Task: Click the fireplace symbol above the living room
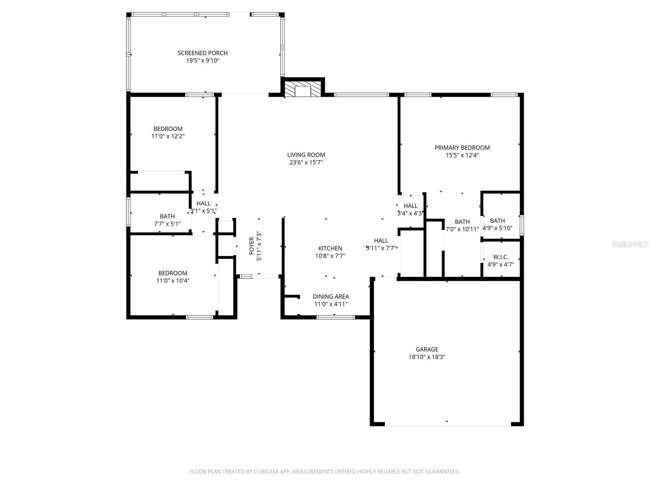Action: pyautogui.click(x=303, y=90)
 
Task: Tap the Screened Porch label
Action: pyautogui.click(x=202, y=53)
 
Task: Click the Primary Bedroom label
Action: pyautogui.click(x=462, y=148)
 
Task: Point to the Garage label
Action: pyautogui.click(x=427, y=349)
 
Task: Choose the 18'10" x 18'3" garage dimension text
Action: pyautogui.click(x=427, y=357)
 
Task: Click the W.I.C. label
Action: pyautogui.click(x=500, y=257)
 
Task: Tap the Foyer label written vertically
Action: pyautogui.click(x=251, y=246)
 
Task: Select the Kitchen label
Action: pyautogui.click(x=330, y=248)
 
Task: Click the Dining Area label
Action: pyautogui.click(x=331, y=296)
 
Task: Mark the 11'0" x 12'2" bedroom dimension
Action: pyautogui.click(x=168, y=137)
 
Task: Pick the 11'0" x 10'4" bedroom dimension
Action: pyautogui.click(x=173, y=281)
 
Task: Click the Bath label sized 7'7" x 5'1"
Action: pyautogui.click(x=167, y=216)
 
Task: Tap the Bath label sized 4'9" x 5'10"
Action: pyautogui.click(x=497, y=221)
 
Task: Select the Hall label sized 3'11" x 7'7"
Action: pyautogui.click(x=381, y=240)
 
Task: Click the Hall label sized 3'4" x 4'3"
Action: pyautogui.click(x=410, y=206)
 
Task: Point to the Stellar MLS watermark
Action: pyautogui.click(x=629, y=244)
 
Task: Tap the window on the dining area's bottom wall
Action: pyautogui.click(x=330, y=317)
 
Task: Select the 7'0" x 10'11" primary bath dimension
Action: pyautogui.click(x=462, y=229)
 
